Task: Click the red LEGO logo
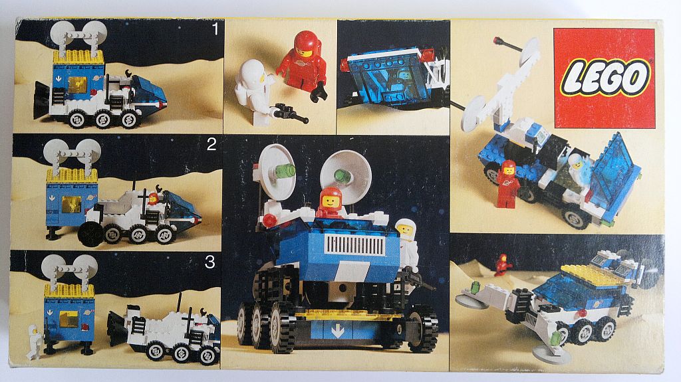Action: (x=605, y=78)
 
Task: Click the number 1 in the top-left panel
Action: (x=215, y=29)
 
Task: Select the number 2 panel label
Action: (x=211, y=145)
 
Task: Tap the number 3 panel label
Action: (x=209, y=262)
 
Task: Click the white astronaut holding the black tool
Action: (x=255, y=92)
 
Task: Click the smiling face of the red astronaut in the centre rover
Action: (x=331, y=201)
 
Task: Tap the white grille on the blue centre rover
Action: (x=355, y=245)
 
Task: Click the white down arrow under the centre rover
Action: (x=337, y=333)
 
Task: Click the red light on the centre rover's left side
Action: (x=269, y=220)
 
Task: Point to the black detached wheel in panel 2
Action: (x=91, y=234)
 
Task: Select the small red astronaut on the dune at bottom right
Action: (x=503, y=264)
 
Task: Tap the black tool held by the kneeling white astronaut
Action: (x=291, y=112)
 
